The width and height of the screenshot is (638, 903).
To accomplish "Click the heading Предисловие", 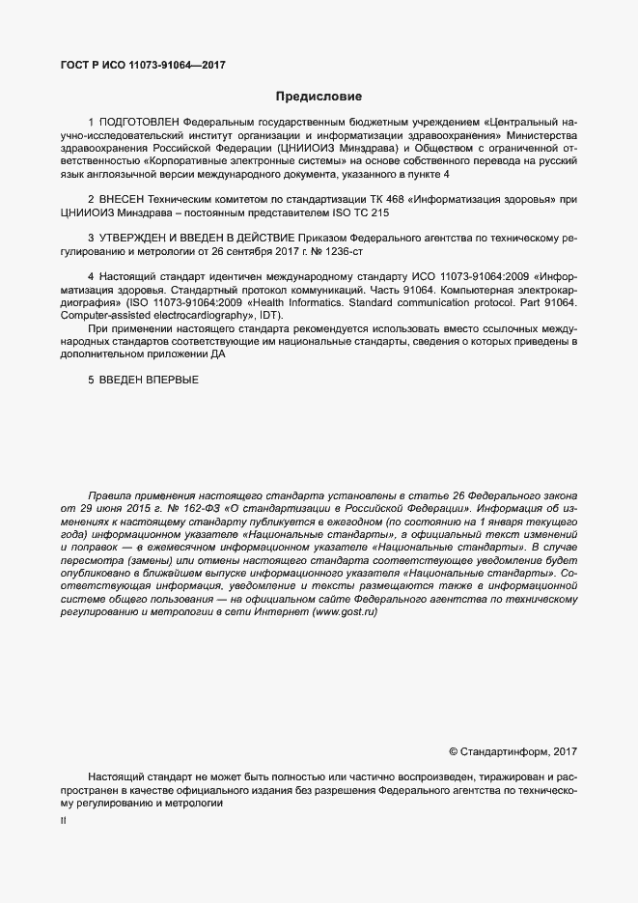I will [x=319, y=98].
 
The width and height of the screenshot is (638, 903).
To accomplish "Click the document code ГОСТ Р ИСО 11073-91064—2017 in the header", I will [x=144, y=66].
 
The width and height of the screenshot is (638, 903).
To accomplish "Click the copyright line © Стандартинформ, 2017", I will [x=513, y=751].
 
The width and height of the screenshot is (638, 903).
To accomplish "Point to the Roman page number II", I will [x=64, y=820].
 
